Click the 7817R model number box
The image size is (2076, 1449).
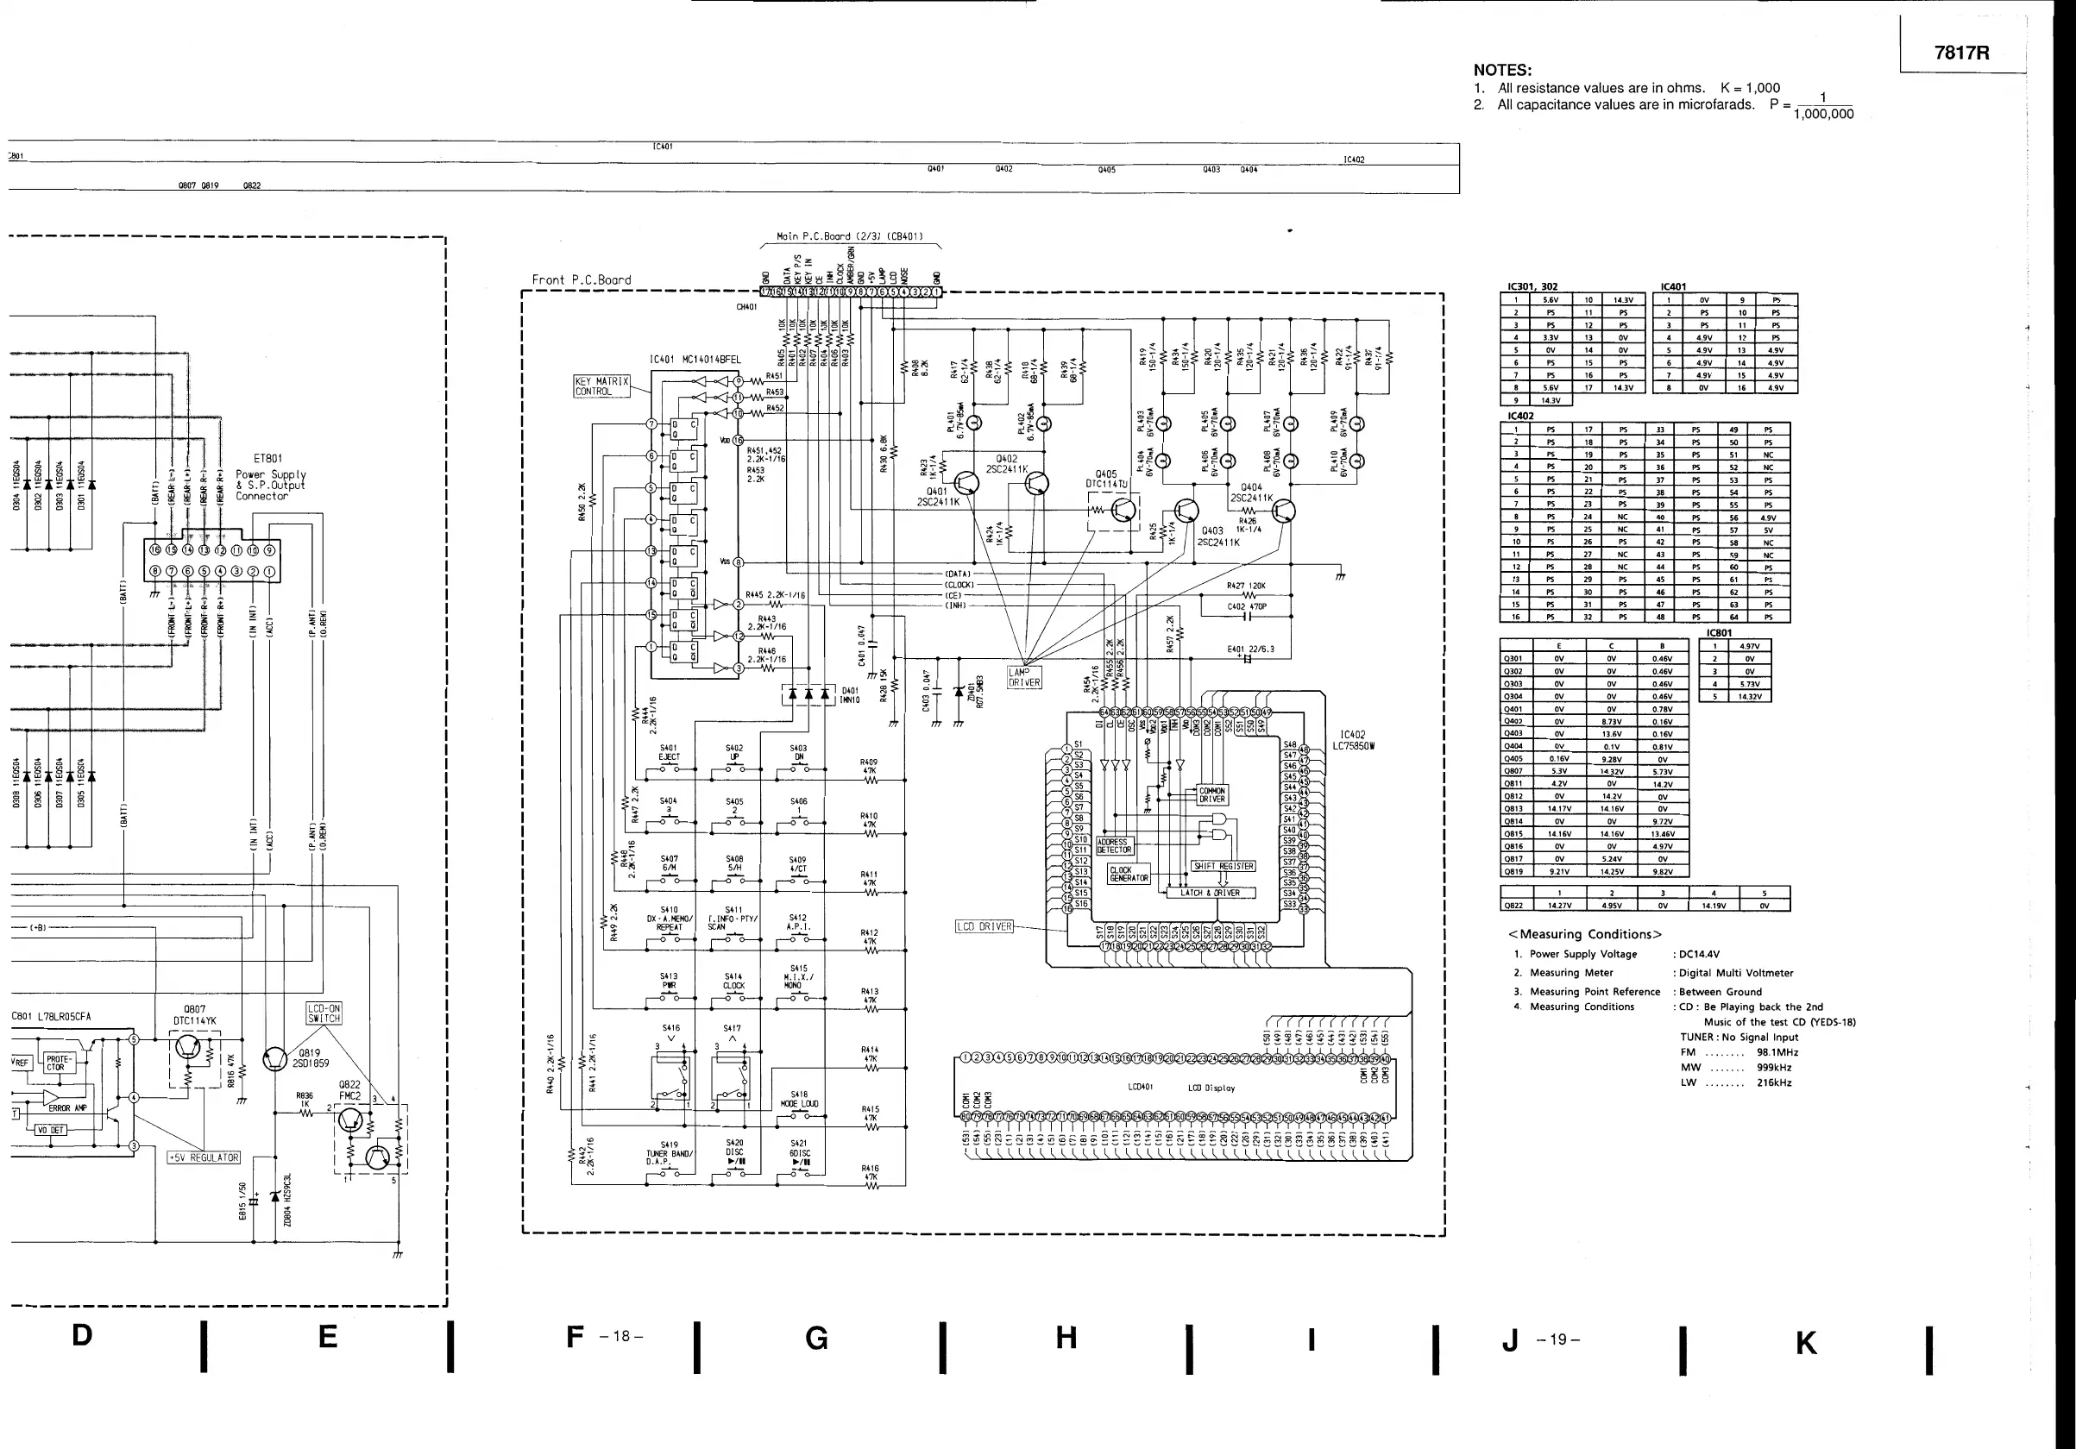pos(1962,53)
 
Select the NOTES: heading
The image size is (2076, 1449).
pos(1502,70)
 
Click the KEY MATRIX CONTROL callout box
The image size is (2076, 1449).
pos(601,386)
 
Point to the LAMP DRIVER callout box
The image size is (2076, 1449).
pos(1024,677)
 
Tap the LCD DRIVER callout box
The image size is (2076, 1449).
pos(985,926)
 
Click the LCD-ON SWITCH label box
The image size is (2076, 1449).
pos(324,1013)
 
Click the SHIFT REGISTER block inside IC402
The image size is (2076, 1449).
pos(1224,866)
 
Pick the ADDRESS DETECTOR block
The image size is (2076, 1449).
pos(1114,846)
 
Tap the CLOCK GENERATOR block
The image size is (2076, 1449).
pos(1129,874)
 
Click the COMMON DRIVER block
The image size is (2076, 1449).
pos(1211,795)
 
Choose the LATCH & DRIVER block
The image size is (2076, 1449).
pos(1210,893)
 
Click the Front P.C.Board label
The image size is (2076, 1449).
pos(582,280)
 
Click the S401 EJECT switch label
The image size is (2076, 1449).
pos(669,753)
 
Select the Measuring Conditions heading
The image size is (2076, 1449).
pos(1584,935)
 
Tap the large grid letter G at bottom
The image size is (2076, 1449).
pos(816,1339)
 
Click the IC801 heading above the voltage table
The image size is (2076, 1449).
pos(1719,633)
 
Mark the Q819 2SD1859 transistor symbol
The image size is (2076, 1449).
pos(275,1059)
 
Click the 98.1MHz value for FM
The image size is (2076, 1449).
pos(1777,1052)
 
